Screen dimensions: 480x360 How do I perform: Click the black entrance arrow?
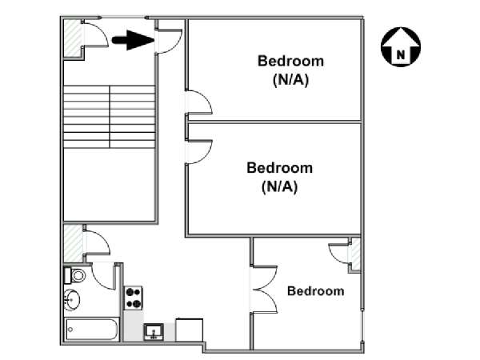coord(133,40)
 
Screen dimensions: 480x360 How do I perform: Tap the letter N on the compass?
coord(401,54)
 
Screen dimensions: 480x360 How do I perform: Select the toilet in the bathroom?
coord(75,275)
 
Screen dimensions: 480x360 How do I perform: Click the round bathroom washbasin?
coord(72,300)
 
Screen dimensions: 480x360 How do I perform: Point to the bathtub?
coord(92,330)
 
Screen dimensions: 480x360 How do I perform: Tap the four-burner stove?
coord(133,298)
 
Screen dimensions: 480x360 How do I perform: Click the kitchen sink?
coord(154,332)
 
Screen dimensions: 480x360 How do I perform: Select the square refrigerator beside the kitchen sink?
coord(189,330)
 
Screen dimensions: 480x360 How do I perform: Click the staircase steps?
coord(110,117)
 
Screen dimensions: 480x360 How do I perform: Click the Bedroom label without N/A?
coord(316,291)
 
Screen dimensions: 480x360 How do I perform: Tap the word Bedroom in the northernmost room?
coord(290,61)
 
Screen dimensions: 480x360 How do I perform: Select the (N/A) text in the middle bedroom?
coord(279,186)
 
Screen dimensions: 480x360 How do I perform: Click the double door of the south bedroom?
coord(264,290)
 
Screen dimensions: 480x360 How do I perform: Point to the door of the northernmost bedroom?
coord(198,102)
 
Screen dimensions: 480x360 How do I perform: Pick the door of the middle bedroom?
coord(198,152)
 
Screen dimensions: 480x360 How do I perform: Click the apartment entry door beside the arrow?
coord(169,42)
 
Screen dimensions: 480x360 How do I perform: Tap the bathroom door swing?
coord(104,276)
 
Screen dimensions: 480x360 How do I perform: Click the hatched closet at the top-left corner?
coord(73,38)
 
